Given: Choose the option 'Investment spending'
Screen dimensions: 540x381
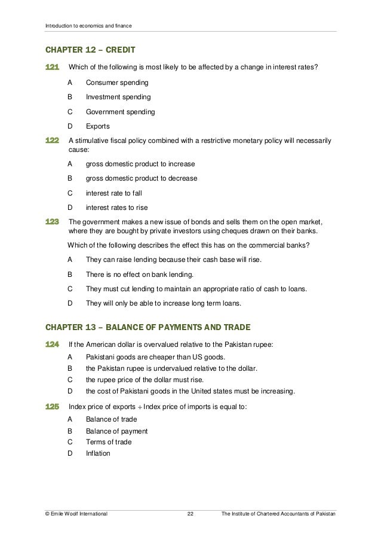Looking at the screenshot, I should [x=118, y=96].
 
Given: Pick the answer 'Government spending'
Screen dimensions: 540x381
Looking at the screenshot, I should [x=120, y=112].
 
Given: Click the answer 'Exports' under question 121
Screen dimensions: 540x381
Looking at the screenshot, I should [x=97, y=127].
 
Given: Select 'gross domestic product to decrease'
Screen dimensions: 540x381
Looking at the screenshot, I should [x=142, y=178].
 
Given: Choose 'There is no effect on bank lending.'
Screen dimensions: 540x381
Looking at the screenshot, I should [x=139, y=274].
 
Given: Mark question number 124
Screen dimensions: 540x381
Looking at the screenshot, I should [x=52, y=344].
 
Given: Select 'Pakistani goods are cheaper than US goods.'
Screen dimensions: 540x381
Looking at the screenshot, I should [x=154, y=357].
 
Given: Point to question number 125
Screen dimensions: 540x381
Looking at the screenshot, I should [x=52, y=407].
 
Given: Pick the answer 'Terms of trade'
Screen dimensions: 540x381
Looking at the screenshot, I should [x=109, y=442].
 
